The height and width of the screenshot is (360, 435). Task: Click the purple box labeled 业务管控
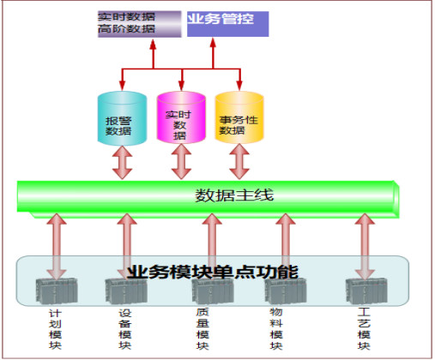(227, 24)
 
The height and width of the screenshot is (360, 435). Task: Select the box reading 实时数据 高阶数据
(140, 24)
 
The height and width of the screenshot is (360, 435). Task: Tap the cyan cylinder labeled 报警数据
(122, 118)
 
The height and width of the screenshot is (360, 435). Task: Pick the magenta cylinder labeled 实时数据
(181, 117)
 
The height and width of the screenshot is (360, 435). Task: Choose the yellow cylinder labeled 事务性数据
(239, 117)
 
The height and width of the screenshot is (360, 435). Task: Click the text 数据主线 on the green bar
(234, 195)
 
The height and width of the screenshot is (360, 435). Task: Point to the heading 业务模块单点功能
(213, 272)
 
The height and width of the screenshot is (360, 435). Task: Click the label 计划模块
(55, 329)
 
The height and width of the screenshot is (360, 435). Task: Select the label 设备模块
(125, 329)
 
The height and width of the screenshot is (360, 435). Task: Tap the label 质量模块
(202, 329)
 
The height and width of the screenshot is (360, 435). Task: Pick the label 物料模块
(276, 329)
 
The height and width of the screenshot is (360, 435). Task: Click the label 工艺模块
(364, 329)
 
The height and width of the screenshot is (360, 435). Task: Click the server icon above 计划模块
(57, 291)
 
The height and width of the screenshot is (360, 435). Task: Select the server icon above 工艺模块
(366, 291)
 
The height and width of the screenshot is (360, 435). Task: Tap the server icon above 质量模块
(213, 291)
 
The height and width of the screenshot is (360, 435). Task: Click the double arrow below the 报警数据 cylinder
(123, 162)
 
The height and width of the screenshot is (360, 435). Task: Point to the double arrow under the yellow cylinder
(239, 162)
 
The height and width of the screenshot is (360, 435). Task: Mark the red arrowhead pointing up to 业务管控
(213, 43)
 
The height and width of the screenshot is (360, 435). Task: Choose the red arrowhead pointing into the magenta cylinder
(181, 85)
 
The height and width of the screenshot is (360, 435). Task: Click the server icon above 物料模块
(286, 291)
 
